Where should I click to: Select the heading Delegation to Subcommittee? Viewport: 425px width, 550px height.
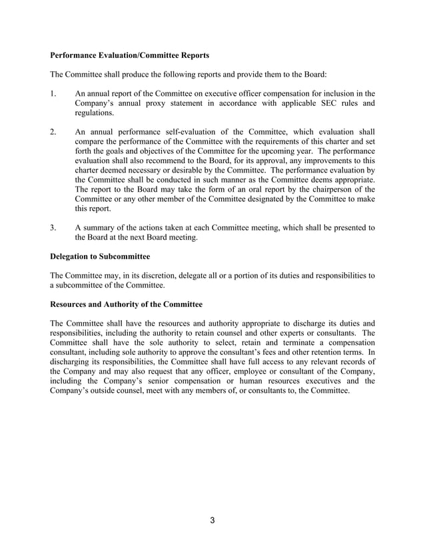[x=100, y=256]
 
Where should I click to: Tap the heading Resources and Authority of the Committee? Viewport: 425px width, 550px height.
[x=126, y=304]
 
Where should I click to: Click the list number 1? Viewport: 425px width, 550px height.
[x=53, y=94]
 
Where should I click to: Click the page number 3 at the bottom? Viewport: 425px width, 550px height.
[x=212, y=520]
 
